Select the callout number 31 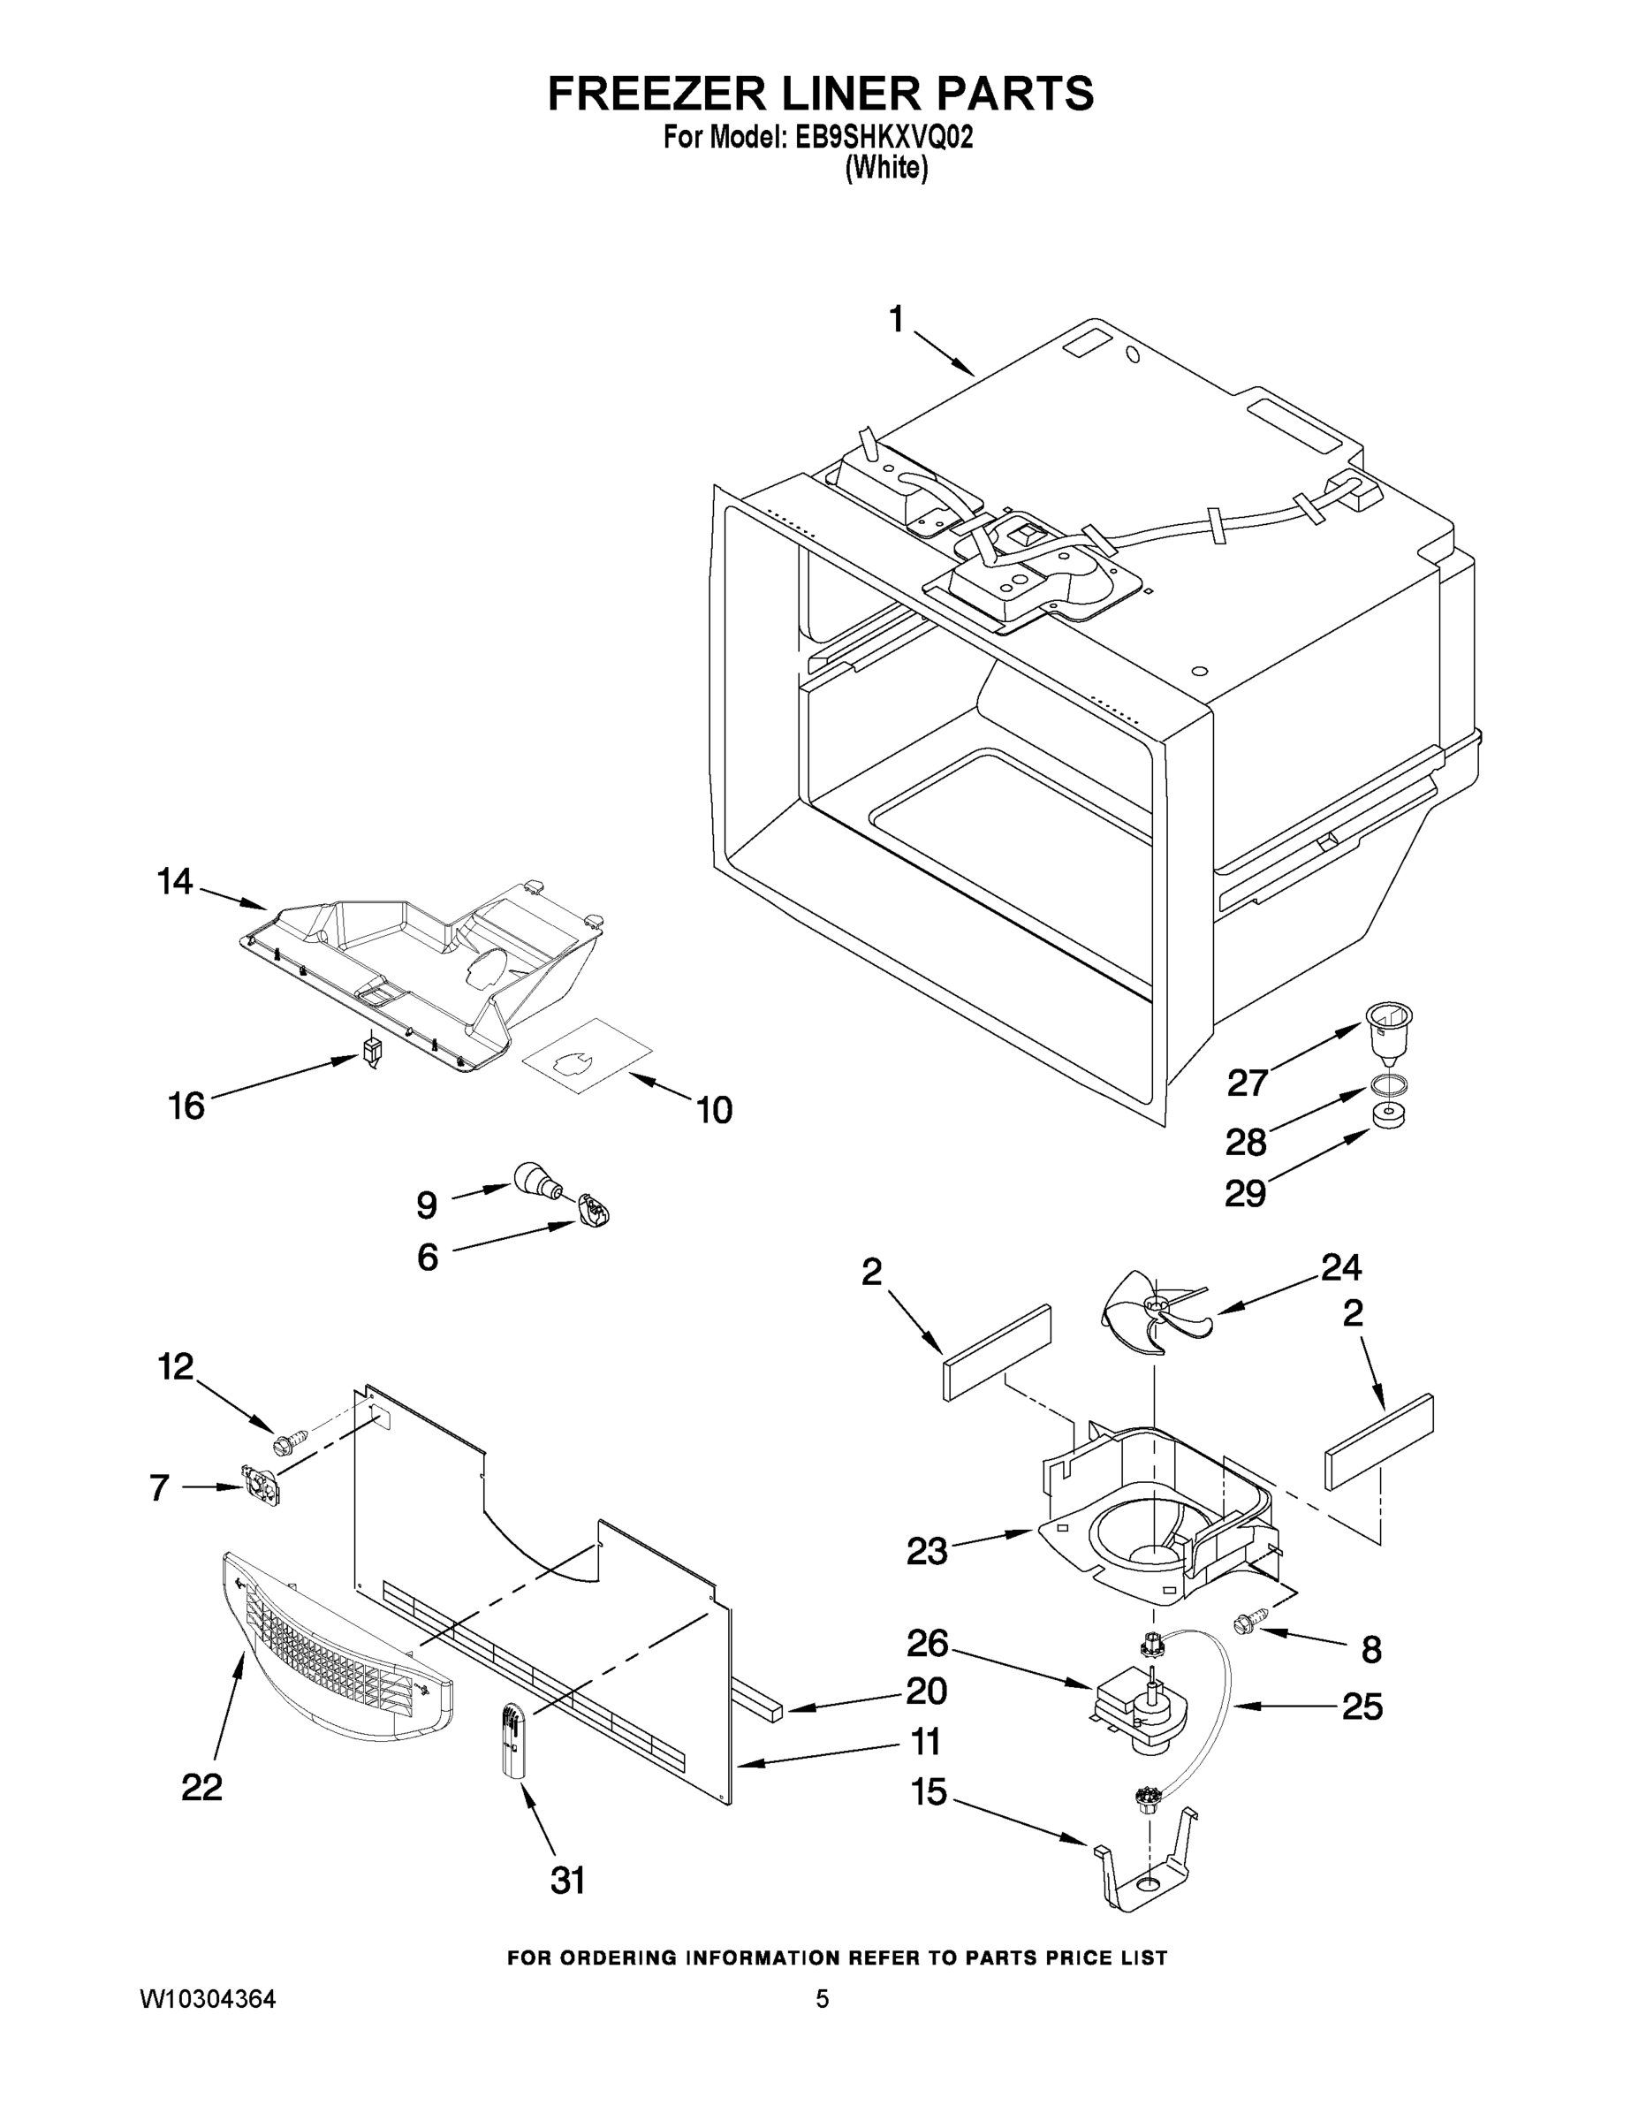(568, 1882)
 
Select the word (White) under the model (885, 168)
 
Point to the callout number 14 (175, 882)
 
